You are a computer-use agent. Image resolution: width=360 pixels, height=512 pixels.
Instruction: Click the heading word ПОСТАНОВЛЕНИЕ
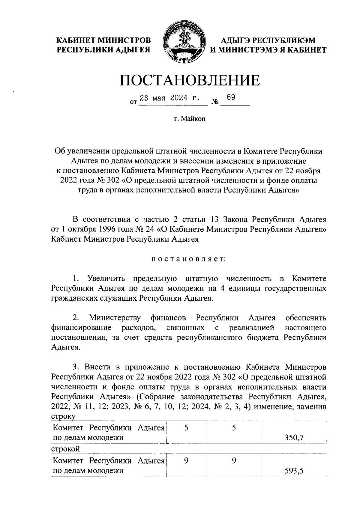coord(190,80)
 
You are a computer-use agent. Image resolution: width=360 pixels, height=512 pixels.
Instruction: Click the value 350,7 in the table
coord(294,438)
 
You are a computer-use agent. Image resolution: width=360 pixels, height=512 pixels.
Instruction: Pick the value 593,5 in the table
coord(294,471)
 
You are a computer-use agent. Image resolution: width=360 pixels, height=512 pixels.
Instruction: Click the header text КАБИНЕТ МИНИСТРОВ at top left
coord(104,40)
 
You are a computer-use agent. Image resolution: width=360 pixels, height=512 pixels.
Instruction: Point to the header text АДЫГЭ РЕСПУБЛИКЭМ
coord(268,40)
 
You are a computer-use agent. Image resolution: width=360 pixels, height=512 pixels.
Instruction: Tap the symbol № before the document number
coord(215,102)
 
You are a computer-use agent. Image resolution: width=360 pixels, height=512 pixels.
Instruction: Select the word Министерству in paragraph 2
coord(115,318)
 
